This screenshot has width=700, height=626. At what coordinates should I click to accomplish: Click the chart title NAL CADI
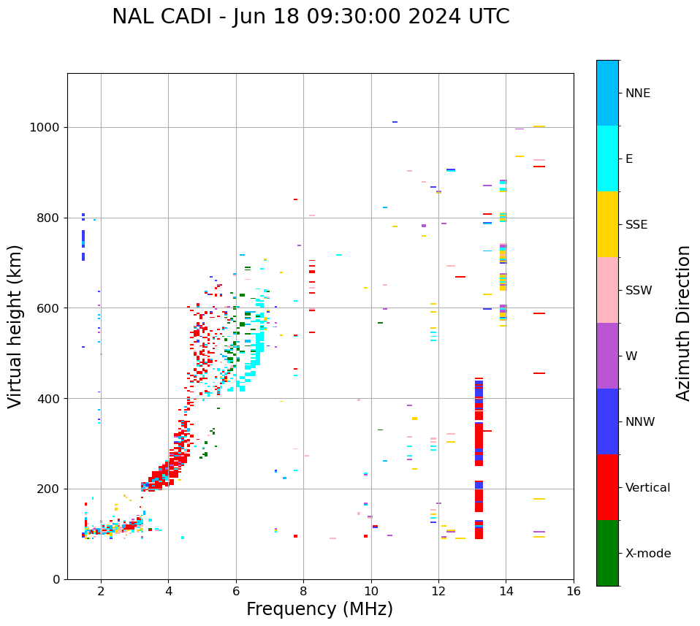click(x=311, y=17)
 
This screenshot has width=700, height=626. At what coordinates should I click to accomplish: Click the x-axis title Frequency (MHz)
click(x=319, y=609)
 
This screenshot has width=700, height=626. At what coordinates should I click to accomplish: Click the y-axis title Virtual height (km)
click(x=15, y=326)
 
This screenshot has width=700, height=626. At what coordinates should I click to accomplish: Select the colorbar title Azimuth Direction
click(x=683, y=323)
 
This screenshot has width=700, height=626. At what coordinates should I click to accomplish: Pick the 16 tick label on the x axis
click(x=574, y=591)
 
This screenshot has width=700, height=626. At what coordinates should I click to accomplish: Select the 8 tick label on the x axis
click(x=303, y=591)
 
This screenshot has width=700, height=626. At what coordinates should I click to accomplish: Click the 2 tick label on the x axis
click(x=101, y=591)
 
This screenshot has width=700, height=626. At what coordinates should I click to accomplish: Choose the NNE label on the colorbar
click(x=637, y=93)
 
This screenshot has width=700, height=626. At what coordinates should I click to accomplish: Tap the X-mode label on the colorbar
click(x=648, y=554)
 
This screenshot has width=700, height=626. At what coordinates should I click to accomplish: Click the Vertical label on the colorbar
click(x=647, y=488)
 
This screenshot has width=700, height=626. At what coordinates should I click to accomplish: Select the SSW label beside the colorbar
click(x=639, y=291)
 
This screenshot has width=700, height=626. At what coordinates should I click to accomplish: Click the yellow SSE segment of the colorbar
click(x=607, y=224)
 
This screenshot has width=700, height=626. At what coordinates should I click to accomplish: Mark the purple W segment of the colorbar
click(x=607, y=356)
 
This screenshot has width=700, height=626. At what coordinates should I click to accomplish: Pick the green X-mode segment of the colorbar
click(x=607, y=553)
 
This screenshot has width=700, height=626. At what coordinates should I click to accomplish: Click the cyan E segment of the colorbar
click(x=607, y=159)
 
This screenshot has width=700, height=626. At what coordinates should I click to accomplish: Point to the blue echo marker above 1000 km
click(x=395, y=122)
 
